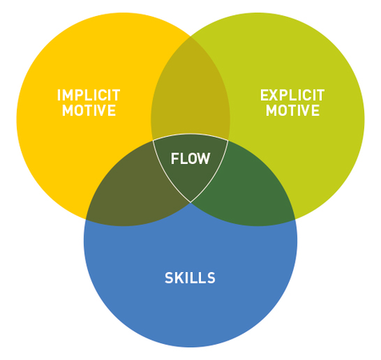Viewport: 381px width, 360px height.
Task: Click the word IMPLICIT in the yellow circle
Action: [x=89, y=95]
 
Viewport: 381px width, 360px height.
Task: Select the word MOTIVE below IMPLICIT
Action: [x=89, y=111]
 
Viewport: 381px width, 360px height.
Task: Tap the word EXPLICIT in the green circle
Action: [x=292, y=95]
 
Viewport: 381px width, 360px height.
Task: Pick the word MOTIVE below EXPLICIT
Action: [x=292, y=111]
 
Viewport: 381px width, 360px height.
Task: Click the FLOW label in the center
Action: [x=190, y=158]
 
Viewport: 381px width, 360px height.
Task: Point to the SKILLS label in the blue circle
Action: [x=190, y=278]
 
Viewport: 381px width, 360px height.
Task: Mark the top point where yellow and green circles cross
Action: [x=190, y=36]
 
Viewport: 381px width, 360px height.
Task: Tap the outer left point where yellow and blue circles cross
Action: [x=86, y=218]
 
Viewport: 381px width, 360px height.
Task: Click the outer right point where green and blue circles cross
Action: [x=295, y=218]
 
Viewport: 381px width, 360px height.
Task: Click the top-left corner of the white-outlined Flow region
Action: [x=153, y=141]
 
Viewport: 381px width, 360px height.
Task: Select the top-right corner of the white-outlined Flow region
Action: [x=228, y=141]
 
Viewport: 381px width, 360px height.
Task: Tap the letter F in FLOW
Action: [x=175, y=158]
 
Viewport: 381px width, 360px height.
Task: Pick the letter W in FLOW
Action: [x=205, y=158]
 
